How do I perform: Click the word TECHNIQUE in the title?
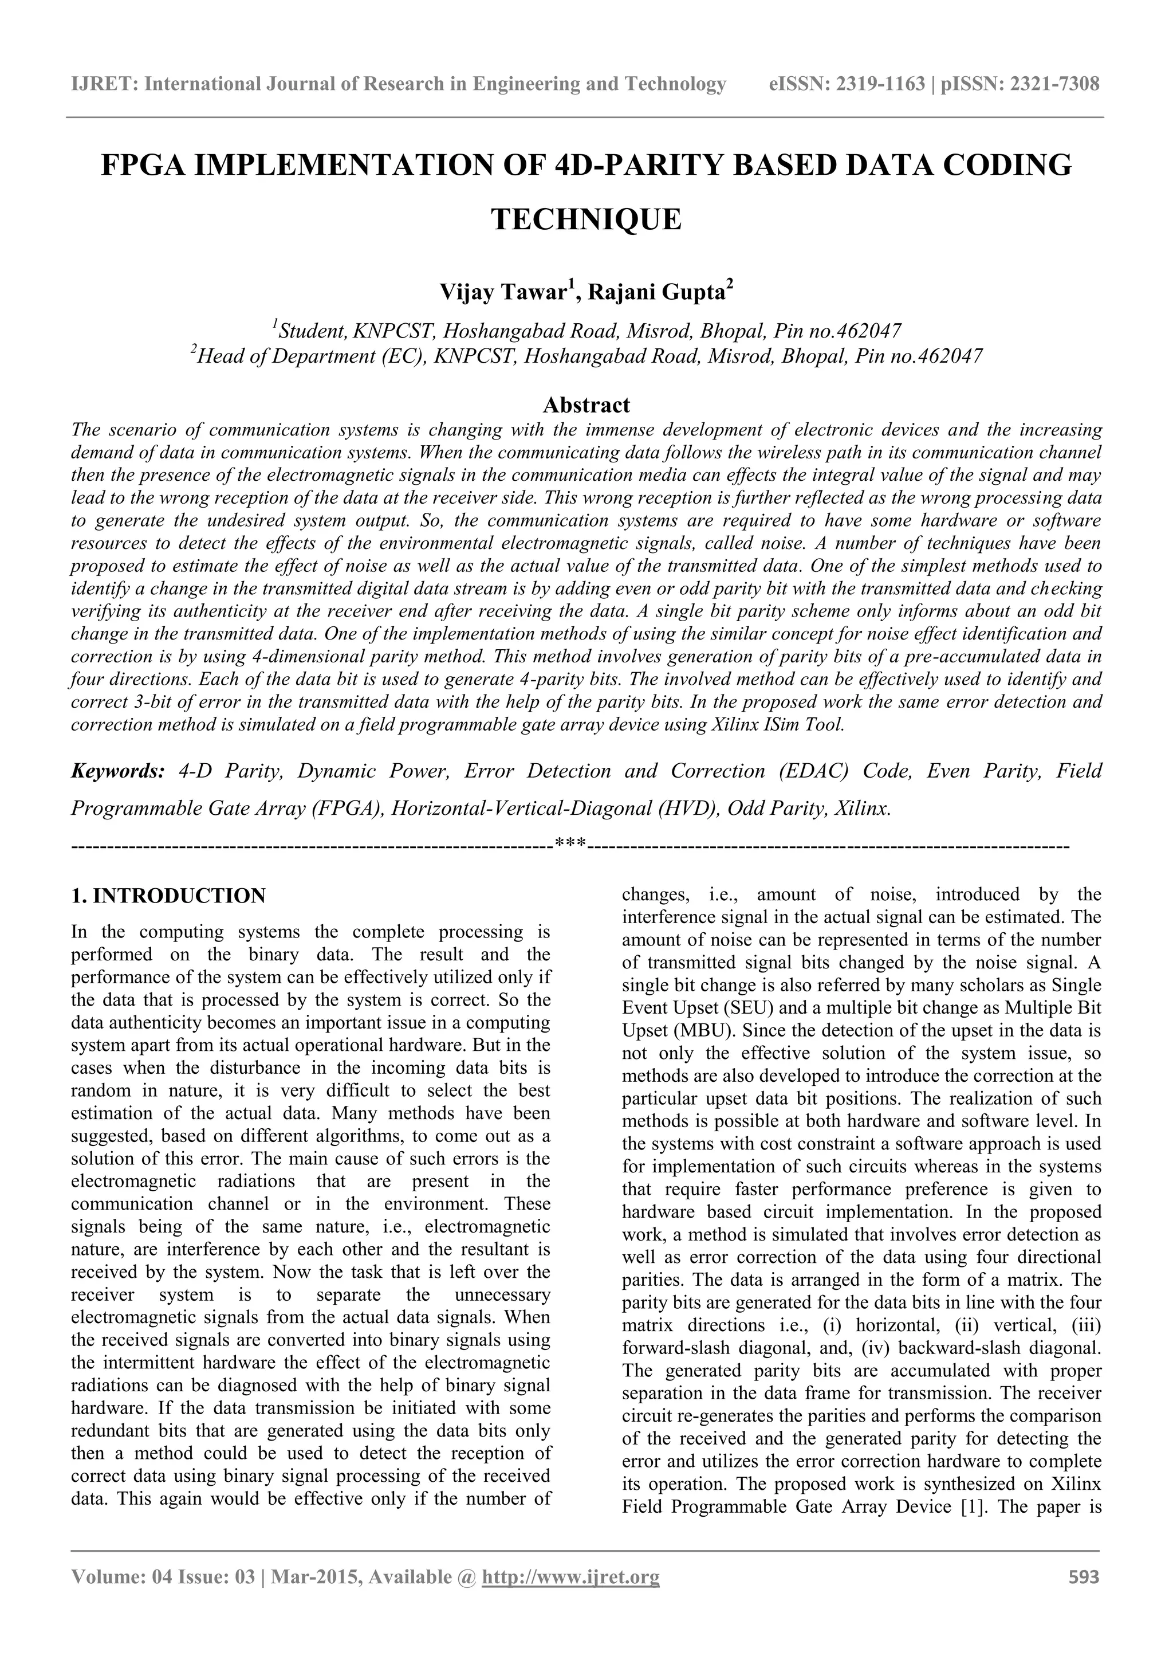(x=586, y=219)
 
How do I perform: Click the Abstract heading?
(x=586, y=404)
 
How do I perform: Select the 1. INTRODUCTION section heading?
(x=168, y=896)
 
